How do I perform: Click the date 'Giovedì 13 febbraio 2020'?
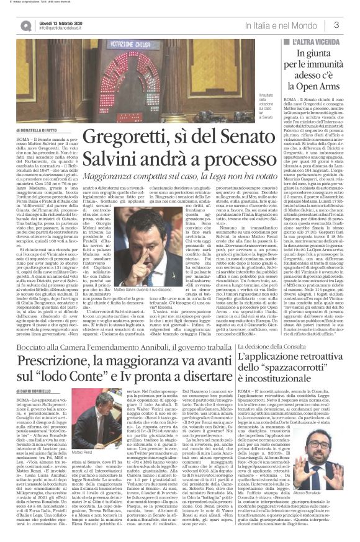pyautogui.click(x=52, y=20)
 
